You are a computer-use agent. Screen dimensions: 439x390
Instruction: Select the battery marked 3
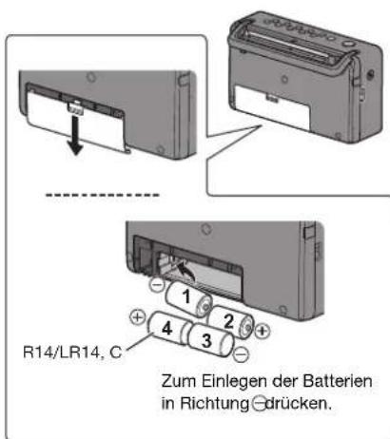(x=205, y=340)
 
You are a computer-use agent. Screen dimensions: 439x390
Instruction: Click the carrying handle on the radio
(x=285, y=43)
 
